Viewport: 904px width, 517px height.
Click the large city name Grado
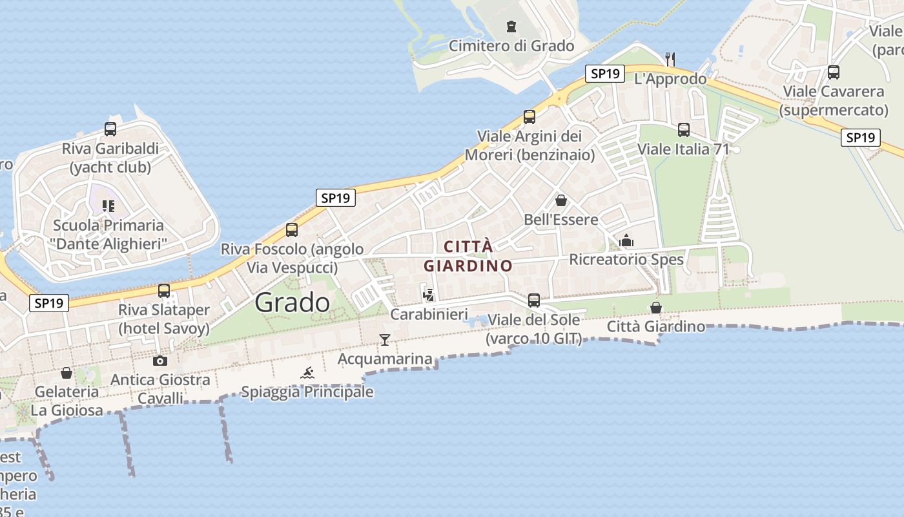(x=292, y=302)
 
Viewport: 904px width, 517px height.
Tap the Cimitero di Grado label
(x=511, y=46)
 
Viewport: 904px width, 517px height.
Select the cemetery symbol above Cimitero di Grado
(x=511, y=26)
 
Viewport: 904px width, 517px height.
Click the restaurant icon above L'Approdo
(x=670, y=59)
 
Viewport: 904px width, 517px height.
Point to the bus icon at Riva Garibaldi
(x=110, y=129)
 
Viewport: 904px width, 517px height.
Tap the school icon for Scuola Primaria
(x=108, y=206)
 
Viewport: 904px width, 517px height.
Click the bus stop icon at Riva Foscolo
(x=292, y=229)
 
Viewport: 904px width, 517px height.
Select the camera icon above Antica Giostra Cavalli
(x=160, y=361)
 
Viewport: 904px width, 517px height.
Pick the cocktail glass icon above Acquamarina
(x=385, y=339)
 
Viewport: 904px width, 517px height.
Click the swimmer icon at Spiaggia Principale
(x=307, y=372)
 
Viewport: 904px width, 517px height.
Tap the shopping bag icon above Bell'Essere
(x=560, y=200)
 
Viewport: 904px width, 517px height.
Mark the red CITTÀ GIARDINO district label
(x=468, y=256)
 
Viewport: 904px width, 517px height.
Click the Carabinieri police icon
(x=427, y=295)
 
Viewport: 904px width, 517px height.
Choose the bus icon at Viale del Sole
(x=534, y=300)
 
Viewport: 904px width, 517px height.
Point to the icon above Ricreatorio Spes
(x=626, y=240)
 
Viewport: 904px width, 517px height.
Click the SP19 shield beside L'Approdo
(x=605, y=74)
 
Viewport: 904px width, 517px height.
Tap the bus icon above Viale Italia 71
(x=684, y=130)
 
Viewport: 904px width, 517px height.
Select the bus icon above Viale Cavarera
(x=834, y=72)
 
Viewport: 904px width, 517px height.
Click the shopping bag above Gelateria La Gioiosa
(x=67, y=373)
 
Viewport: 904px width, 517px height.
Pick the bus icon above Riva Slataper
(x=164, y=290)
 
